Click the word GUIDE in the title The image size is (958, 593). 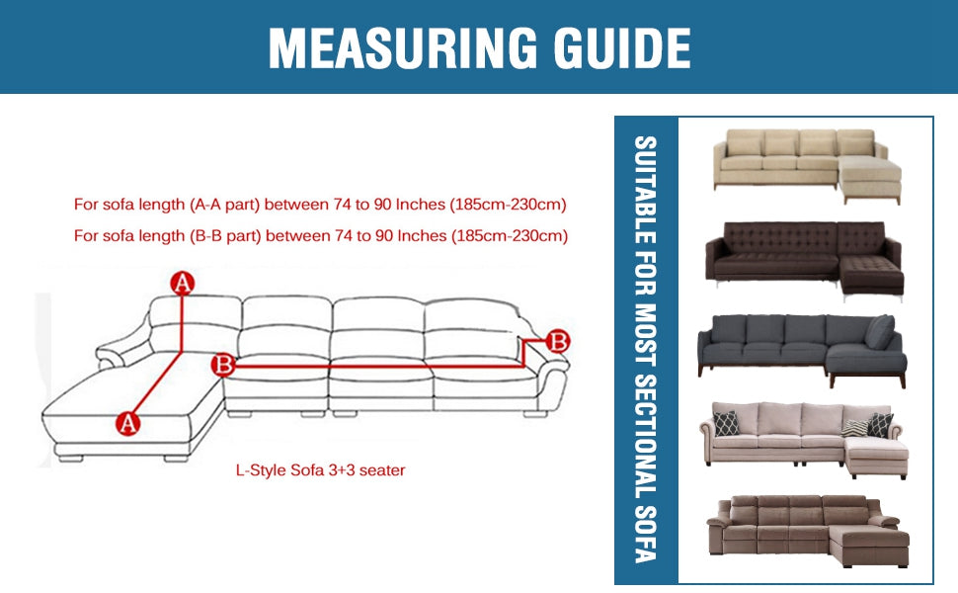coord(622,48)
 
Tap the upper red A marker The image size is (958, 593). coord(182,283)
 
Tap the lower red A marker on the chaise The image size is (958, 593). coord(127,423)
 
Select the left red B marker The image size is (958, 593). coord(223,365)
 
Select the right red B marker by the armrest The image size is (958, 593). coord(557,341)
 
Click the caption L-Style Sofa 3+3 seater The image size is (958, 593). coord(320,470)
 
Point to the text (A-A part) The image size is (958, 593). coord(225,205)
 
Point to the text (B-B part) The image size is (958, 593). coord(225,235)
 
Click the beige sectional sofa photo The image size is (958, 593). coord(807,166)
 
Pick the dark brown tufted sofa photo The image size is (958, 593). coord(804,261)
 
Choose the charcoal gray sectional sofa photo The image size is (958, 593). coord(802,350)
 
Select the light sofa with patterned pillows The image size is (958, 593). coord(803,440)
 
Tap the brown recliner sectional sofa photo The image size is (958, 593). coord(808,531)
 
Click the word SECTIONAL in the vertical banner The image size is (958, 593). coord(646,433)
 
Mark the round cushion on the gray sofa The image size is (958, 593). coord(880,332)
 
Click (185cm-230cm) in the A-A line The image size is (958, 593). coord(509,205)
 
